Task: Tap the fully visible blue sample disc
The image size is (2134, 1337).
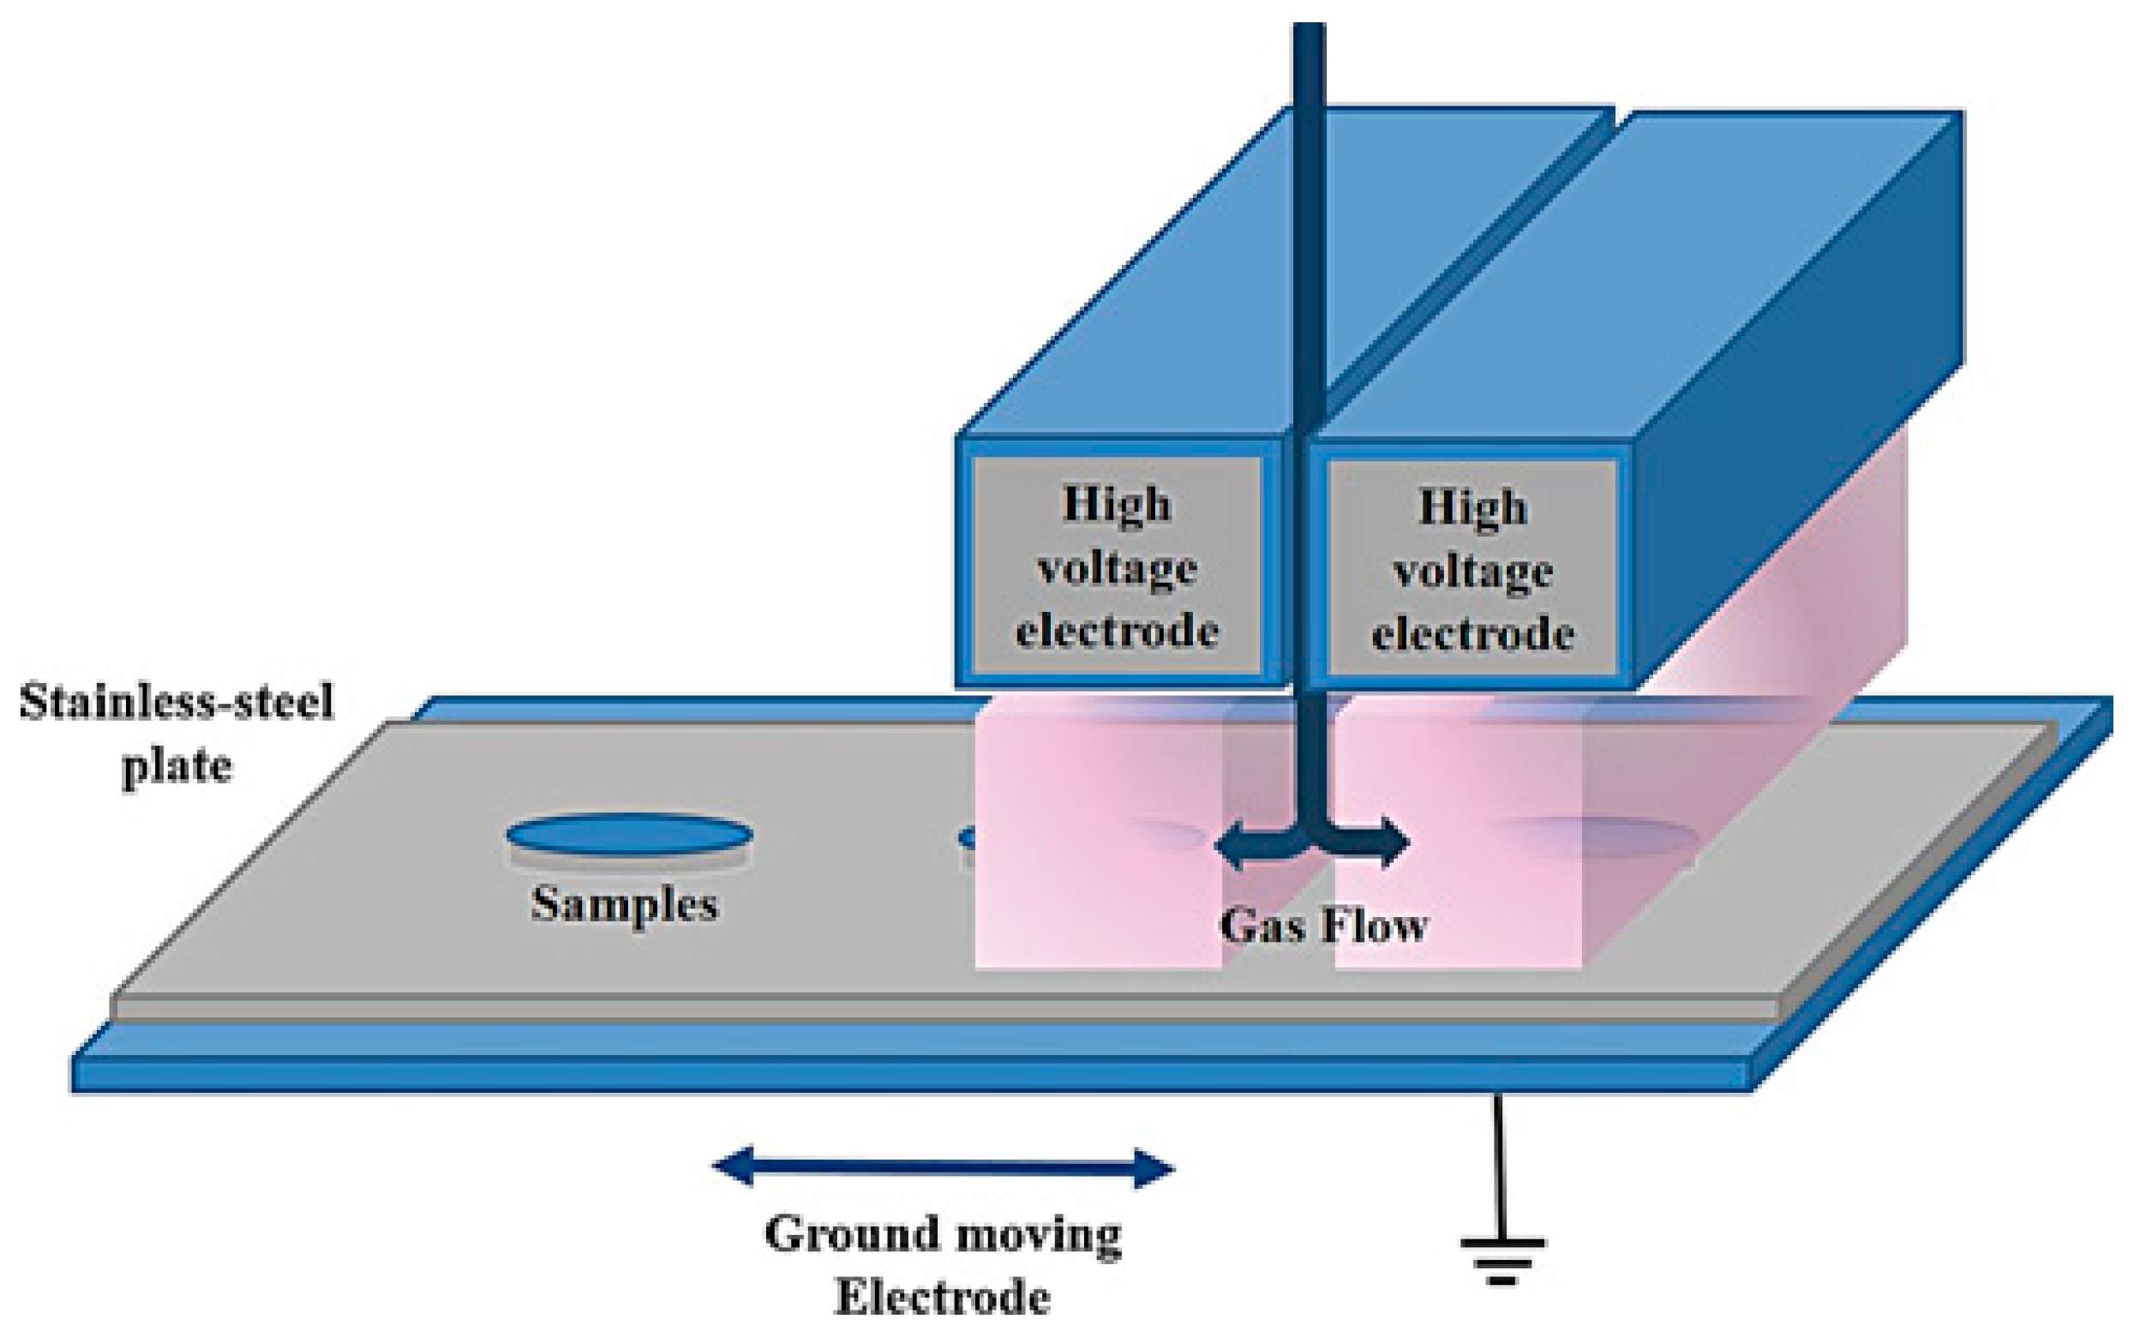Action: click(629, 834)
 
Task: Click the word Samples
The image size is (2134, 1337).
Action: click(624, 904)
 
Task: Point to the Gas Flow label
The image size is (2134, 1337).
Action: click(1323, 926)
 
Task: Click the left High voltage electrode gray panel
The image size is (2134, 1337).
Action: click(1117, 566)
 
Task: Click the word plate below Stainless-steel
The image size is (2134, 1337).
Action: click(177, 765)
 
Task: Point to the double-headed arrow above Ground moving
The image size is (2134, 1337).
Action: click(944, 1168)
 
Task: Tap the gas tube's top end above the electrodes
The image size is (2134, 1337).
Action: click(1310, 35)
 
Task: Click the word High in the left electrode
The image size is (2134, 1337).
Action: click(1117, 505)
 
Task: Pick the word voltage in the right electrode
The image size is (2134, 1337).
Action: click(1472, 572)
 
